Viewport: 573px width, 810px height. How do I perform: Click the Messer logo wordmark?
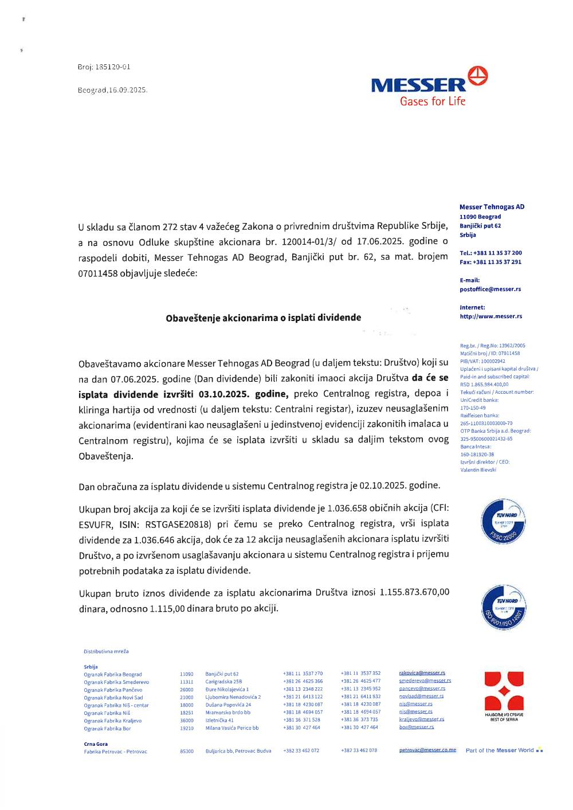418,85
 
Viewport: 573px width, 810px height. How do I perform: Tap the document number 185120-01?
113,67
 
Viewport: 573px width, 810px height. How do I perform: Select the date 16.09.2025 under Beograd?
128,90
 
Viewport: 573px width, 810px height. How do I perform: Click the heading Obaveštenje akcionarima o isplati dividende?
264,318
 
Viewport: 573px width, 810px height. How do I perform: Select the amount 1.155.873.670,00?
414,592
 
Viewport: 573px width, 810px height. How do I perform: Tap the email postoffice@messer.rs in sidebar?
490,289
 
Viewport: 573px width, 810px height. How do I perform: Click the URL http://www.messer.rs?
491,316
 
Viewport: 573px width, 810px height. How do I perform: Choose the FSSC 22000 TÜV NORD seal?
503,522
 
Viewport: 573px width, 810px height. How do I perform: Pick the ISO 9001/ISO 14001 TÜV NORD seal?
503,607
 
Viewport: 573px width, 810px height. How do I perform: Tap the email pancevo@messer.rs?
422,688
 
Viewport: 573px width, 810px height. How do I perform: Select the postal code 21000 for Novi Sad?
187,698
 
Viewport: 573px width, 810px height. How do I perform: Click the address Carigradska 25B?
224,682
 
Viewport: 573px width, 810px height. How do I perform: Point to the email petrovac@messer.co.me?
427,750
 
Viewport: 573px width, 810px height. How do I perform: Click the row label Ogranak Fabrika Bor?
107,729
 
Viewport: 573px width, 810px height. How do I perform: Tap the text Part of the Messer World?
500,750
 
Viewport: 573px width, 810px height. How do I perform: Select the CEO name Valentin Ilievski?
478,470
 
